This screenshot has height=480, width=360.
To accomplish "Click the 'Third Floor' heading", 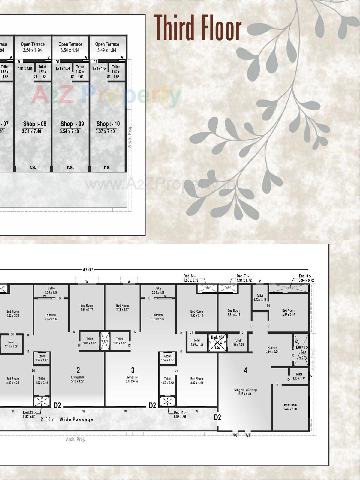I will (198, 27).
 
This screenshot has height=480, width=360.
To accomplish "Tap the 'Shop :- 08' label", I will (35, 124).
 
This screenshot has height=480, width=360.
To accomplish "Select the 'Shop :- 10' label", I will (108, 124).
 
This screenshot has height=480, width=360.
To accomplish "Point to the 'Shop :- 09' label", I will (72, 124).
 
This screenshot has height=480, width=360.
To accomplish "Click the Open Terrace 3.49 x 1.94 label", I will (107, 47).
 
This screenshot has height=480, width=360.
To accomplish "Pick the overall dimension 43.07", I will (88, 270).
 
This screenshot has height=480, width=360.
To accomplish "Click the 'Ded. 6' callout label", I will (191, 278).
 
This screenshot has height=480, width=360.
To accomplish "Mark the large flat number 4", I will (245, 370).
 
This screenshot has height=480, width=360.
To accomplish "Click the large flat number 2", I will (78, 370).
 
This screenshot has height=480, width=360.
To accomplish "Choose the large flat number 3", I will (133, 370).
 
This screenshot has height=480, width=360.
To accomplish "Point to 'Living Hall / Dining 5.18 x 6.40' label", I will (245, 392).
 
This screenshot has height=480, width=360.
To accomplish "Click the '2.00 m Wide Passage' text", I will (67, 419).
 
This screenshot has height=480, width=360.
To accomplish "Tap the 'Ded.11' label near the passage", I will (180, 414).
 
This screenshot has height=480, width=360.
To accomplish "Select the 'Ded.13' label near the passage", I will (29, 414).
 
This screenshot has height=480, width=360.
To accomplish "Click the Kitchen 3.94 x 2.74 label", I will (272, 350).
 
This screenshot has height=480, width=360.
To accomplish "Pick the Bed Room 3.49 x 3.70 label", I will (290, 407).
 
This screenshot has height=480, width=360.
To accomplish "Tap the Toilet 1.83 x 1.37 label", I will (299, 376).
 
